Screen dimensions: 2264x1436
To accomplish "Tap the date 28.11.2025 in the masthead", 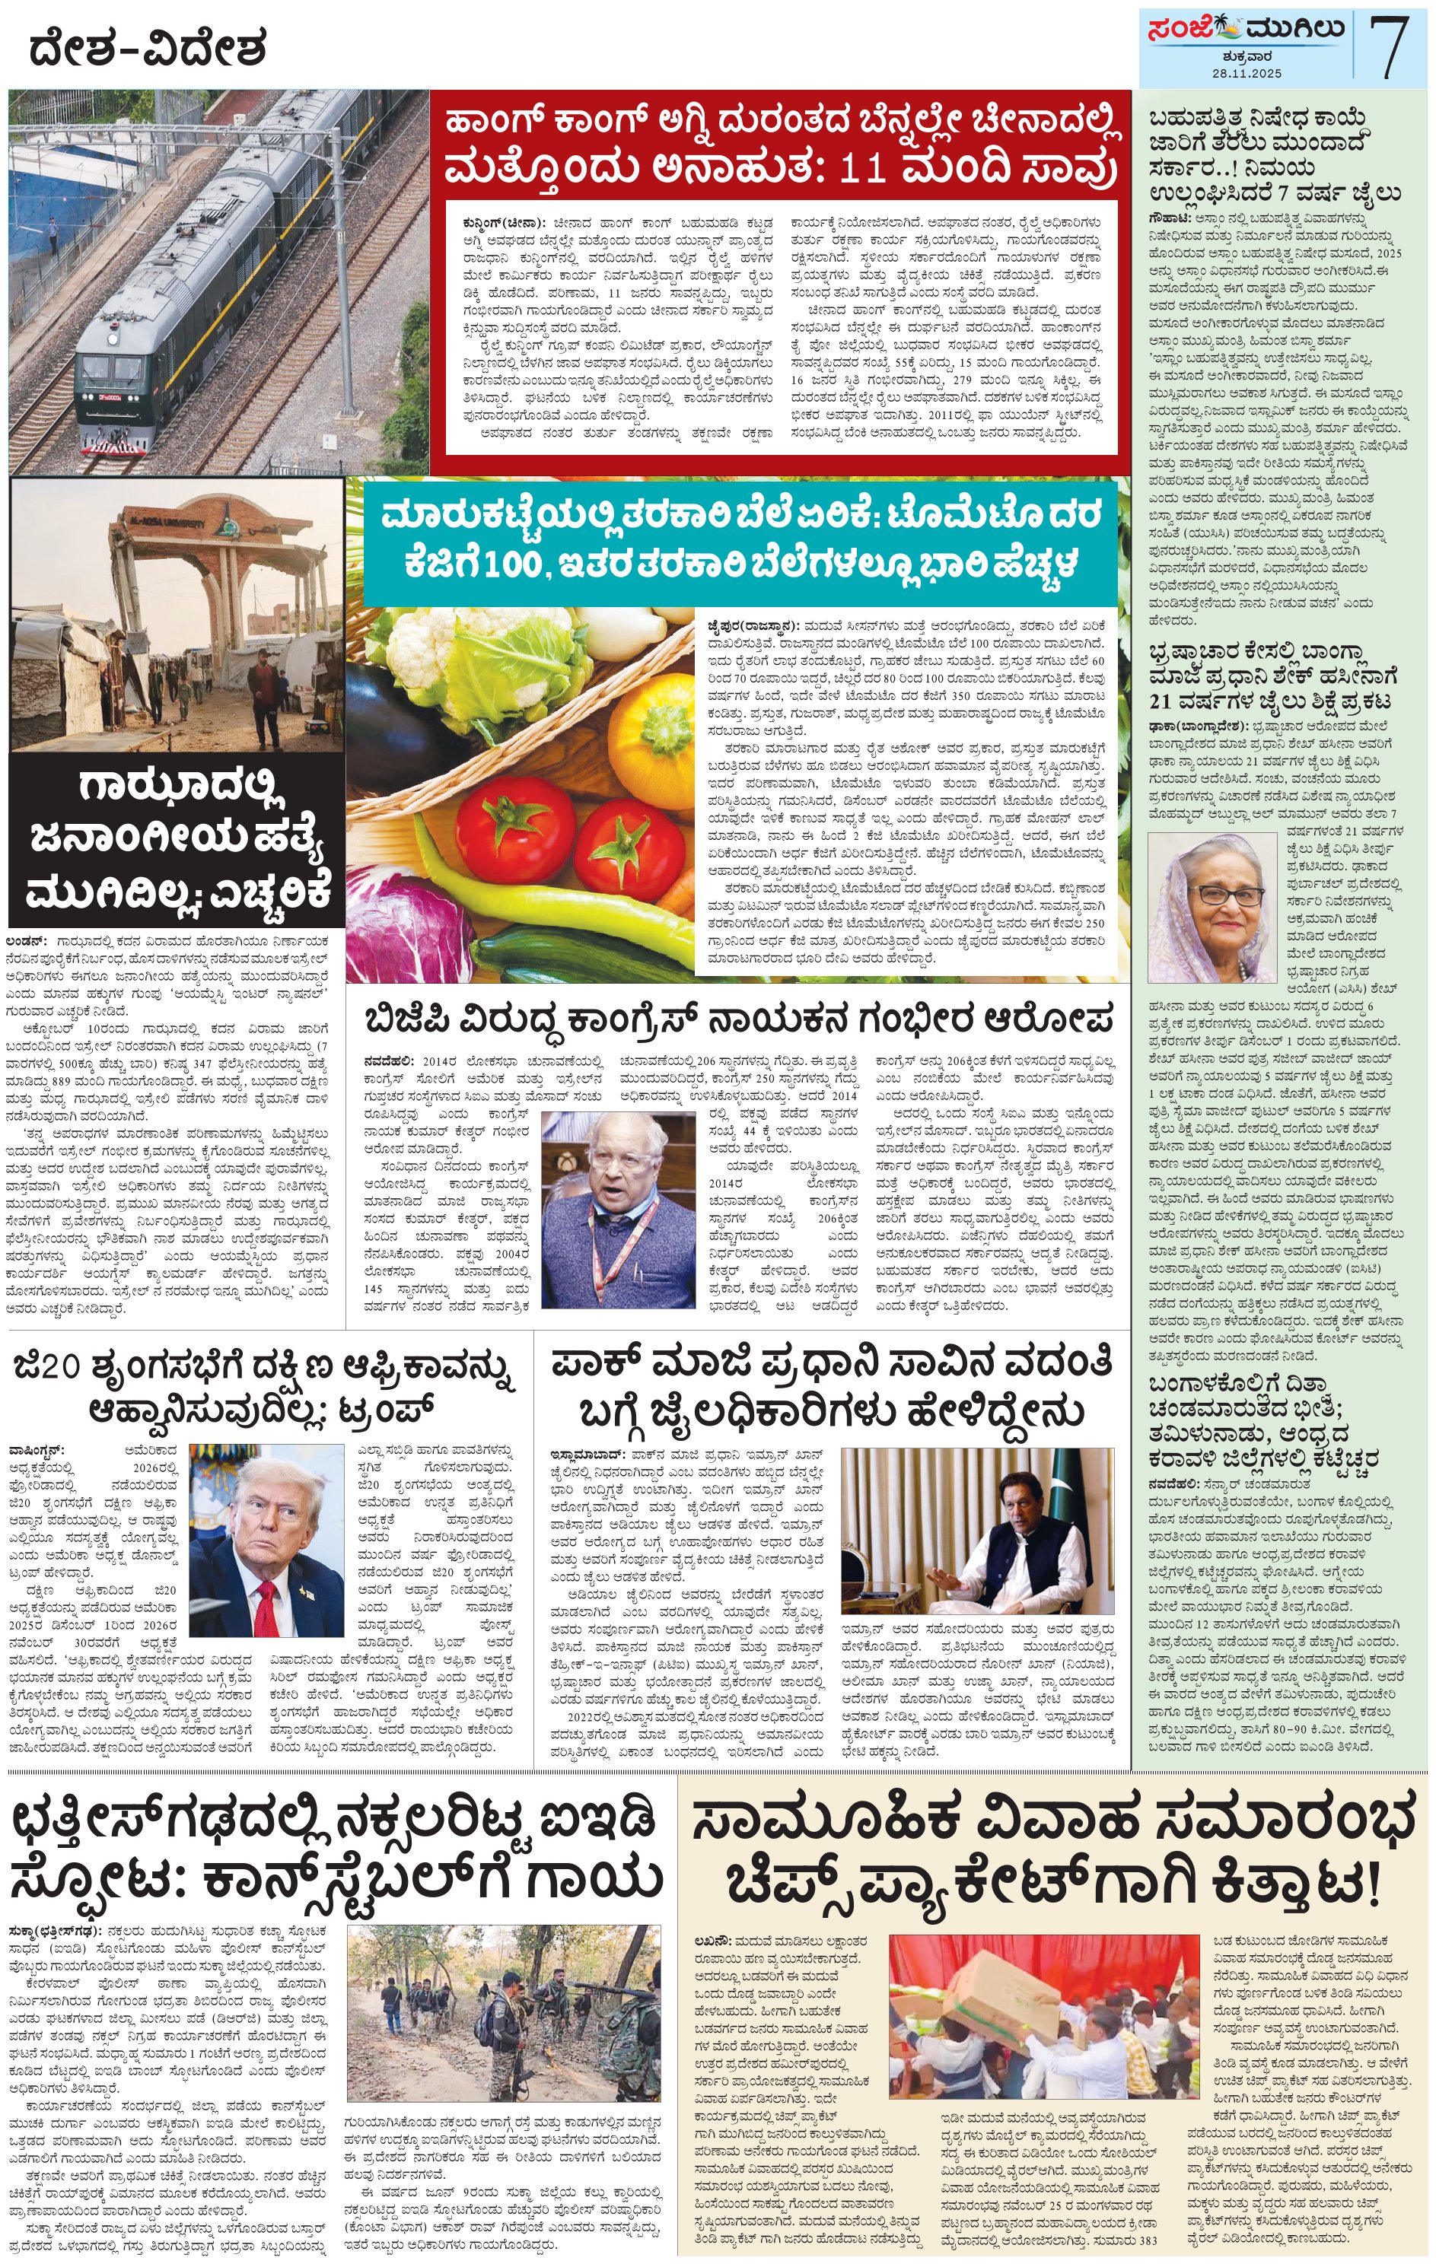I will pos(1245,73).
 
